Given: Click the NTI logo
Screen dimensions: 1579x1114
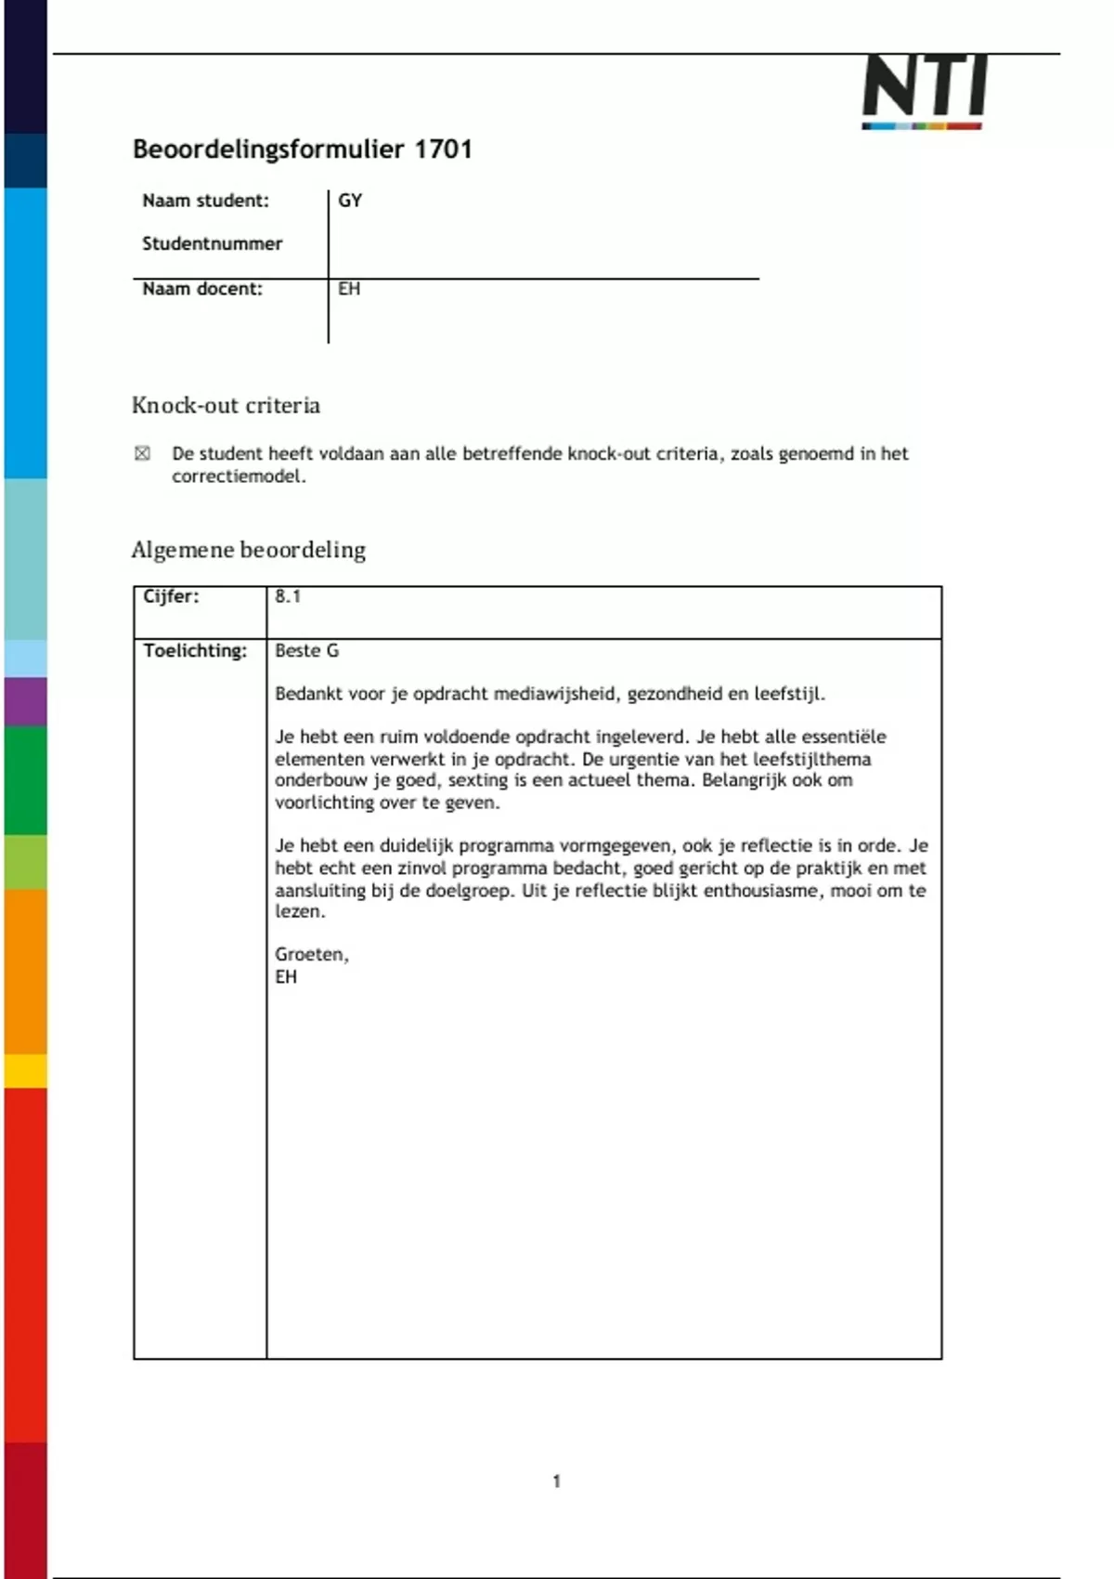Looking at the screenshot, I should [x=924, y=91].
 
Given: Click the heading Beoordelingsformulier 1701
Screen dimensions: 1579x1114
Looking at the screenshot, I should [x=303, y=149].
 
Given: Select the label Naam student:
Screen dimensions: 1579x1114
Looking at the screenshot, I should [x=205, y=201].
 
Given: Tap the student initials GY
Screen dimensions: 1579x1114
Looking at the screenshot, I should [x=350, y=201].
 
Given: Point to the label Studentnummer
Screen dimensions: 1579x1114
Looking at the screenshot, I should [x=212, y=243].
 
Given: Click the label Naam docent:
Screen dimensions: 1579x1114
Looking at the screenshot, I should [x=202, y=289].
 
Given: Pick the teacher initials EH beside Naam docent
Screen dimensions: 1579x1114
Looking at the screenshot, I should [x=349, y=289].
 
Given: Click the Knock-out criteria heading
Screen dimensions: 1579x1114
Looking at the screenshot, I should [x=226, y=405].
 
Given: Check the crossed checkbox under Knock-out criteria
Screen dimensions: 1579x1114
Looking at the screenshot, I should [x=142, y=453].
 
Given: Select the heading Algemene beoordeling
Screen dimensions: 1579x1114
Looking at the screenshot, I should [x=248, y=550].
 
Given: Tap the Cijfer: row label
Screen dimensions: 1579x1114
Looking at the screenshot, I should [x=171, y=596].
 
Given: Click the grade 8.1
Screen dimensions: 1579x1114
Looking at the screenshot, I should [x=288, y=596].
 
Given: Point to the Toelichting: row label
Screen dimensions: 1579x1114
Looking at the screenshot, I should [x=195, y=650].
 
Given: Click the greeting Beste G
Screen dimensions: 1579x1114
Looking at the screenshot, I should [x=306, y=650].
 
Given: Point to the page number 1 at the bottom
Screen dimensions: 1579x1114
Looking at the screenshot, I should [x=556, y=1481].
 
